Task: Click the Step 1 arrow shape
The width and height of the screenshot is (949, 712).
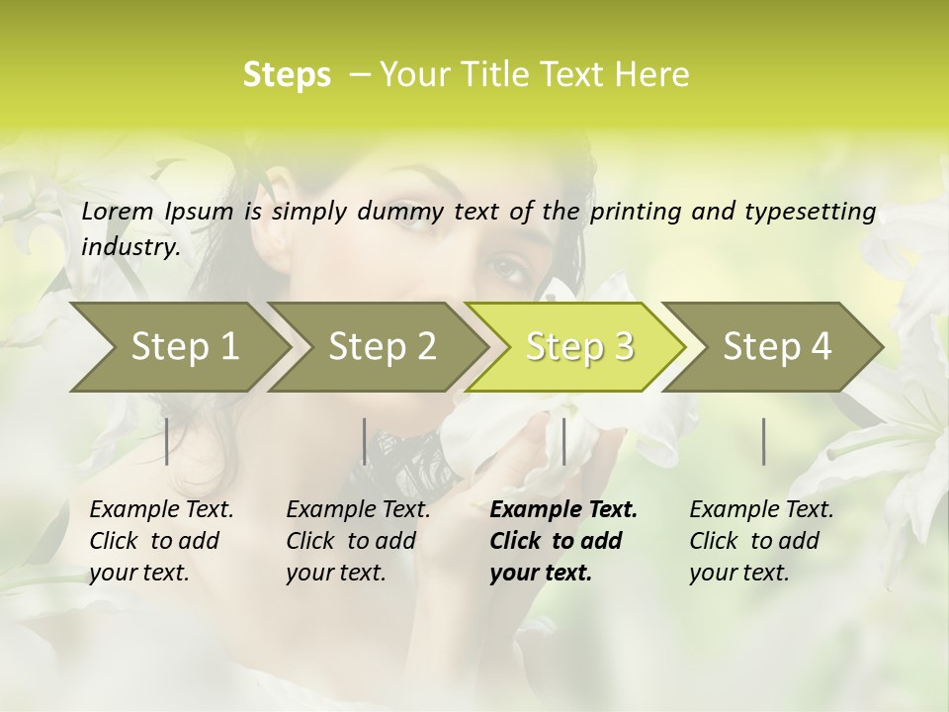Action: pyautogui.click(x=178, y=347)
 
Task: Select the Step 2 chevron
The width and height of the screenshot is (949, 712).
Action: pyautogui.click(x=381, y=347)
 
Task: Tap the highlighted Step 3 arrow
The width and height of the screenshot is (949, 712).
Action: pyautogui.click(x=578, y=347)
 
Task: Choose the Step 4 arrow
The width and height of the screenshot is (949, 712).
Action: pyautogui.click(x=776, y=347)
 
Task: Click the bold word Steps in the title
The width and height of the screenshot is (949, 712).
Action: pyautogui.click(x=287, y=75)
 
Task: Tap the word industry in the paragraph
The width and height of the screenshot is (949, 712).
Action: pyautogui.click(x=129, y=246)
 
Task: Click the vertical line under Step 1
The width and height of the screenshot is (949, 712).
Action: pyautogui.click(x=167, y=441)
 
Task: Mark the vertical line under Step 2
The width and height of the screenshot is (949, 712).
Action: pyautogui.click(x=365, y=441)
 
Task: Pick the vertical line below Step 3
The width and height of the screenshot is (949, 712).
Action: pyautogui.click(x=563, y=441)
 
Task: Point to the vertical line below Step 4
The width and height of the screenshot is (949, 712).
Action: pyautogui.click(x=763, y=441)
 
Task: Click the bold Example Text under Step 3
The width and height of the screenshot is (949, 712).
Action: pyautogui.click(x=563, y=510)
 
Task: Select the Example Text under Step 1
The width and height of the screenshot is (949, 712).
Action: pyautogui.click(x=161, y=510)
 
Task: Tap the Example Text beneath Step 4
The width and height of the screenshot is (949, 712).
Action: pyautogui.click(x=761, y=510)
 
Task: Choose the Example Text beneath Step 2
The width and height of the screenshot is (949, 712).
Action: pyautogui.click(x=358, y=510)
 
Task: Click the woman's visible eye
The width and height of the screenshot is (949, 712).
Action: pyautogui.click(x=507, y=267)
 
